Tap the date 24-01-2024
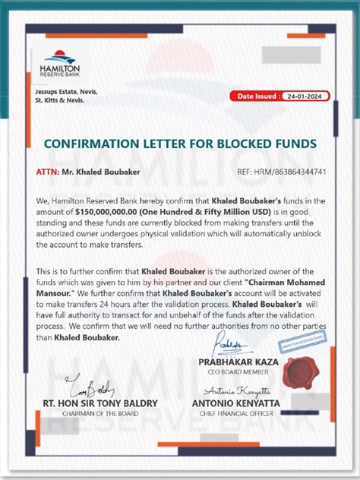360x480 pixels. [304, 96]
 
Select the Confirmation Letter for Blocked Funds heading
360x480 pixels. [180, 144]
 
